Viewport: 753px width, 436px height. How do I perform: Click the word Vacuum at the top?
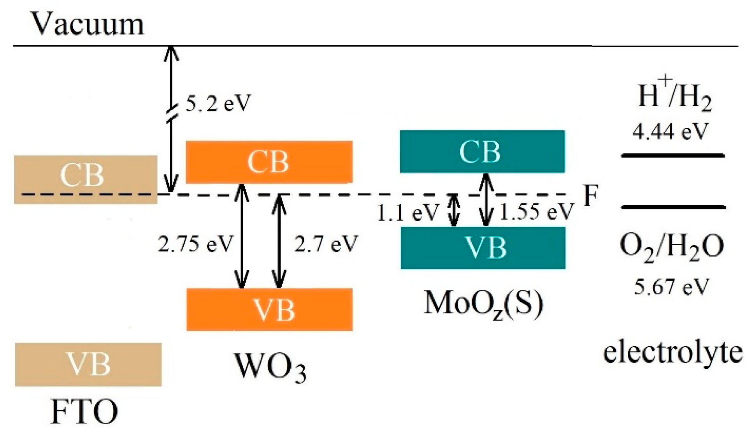point(87,24)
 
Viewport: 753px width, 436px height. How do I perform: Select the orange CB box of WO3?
point(269,162)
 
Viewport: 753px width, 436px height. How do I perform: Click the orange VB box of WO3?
point(269,310)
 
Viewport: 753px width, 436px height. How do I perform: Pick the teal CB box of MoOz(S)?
point(482,151)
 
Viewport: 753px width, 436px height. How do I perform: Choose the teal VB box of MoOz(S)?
point(483,248)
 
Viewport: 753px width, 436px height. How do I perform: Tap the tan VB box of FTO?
point(88,364)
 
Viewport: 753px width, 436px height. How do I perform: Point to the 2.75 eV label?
point(195,244)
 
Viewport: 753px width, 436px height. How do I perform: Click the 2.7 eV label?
point(325,244)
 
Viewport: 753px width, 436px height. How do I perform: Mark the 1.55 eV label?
point(536,212)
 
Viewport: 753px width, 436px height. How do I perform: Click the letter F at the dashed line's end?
point(590,196)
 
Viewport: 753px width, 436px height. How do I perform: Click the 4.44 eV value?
point(669,132)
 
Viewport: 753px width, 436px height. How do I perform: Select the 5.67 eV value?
point(672,287)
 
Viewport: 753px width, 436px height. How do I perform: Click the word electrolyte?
point(673,352)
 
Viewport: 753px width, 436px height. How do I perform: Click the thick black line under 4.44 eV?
point(673,156)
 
